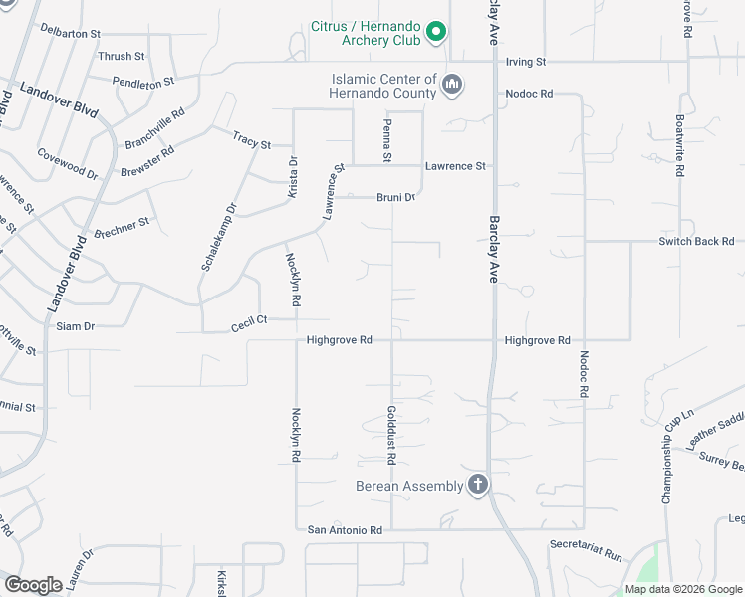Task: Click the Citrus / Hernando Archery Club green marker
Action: coord(435,34)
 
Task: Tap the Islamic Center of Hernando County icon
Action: coord(452,85)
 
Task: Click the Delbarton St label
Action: coord(71,33)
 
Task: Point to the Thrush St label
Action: coord(122,57)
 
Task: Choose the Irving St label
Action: coord(526,62)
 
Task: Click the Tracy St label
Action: coord(251,139)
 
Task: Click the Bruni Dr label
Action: coord(394,197)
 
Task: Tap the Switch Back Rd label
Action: coord(696,241)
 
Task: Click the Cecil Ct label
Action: coord(249,320)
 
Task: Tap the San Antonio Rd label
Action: coord(345,530)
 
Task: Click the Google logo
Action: coord(33,585)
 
